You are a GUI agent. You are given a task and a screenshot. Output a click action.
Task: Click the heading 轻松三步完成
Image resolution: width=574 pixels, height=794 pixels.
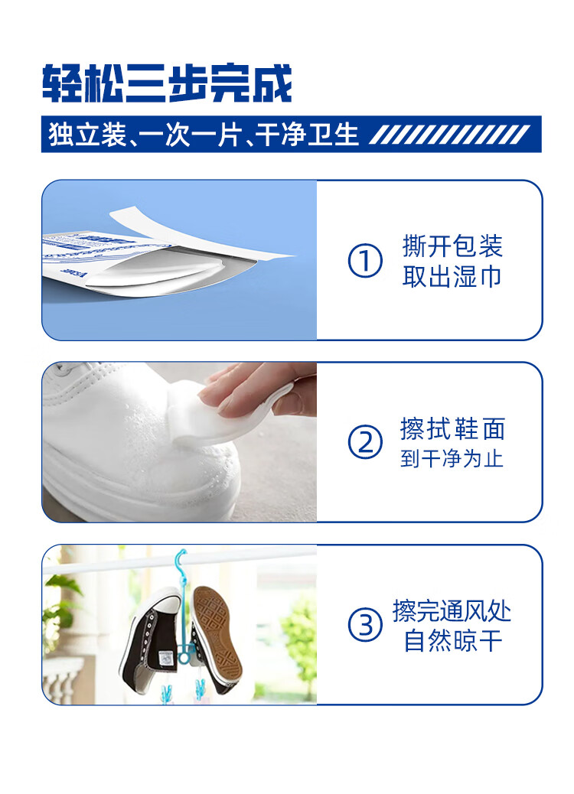pyautogui.click(x=167, y=83)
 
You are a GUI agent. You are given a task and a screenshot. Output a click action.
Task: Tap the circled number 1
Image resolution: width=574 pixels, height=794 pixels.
pyautogui.click(x=365, y=261)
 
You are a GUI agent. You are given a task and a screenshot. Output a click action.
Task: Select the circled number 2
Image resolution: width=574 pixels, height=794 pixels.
pyautogui.click(x=365, y=442)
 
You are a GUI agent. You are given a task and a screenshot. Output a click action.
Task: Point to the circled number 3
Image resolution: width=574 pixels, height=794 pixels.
pyautogui.click(x=365, y=624)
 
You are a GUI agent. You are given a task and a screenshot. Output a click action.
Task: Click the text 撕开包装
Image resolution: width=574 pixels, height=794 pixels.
pyautogui.click(x=452, y=246)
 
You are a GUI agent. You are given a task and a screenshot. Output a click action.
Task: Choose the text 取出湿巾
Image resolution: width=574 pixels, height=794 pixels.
pyautogui.click(x=452, y=276)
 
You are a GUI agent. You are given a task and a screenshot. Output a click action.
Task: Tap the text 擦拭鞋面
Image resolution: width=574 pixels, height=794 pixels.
pyautogui.click(x=452, y=429)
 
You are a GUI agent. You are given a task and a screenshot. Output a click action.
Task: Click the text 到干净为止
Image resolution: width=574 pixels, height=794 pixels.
pyautogui.click(x=452, y=458)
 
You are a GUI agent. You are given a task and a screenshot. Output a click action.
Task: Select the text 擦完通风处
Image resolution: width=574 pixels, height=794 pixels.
pyautogui.click(x=452, y=610)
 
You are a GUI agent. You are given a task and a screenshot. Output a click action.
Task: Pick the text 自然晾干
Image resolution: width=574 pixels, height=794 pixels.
pyautogui.click(x=452, y=640)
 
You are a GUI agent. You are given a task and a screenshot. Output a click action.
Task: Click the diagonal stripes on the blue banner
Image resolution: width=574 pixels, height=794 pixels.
pyautogui.click(x=450, y=135)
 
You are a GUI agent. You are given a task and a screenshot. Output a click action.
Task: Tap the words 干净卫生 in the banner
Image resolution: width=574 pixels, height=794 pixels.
pyautogui.click(x=307, y=135)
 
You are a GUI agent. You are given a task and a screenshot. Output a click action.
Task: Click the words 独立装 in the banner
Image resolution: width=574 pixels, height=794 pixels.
pyautogui.click(x=87, y=135)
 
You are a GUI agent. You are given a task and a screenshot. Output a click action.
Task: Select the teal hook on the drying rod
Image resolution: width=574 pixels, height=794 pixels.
pyautogui.click(x=180, y=562)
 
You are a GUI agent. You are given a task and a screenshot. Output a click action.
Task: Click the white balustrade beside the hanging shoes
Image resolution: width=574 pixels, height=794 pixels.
pyautogui.click(x=64, y=678)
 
